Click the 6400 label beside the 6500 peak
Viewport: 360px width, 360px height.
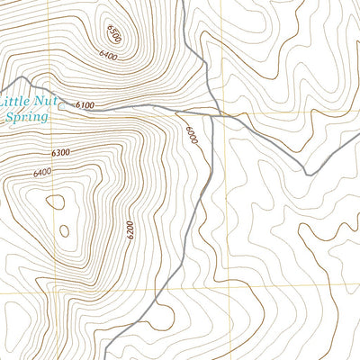109,57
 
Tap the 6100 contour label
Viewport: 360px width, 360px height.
85,105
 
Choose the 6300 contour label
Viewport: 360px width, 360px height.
61,152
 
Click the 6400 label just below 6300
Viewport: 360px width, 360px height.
42,173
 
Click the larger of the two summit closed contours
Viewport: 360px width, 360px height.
56,202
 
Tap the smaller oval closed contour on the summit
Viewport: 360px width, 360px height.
65,231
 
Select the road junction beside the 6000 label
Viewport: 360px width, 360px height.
212,115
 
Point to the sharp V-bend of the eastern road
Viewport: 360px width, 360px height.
307,173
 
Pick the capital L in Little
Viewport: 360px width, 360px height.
7,102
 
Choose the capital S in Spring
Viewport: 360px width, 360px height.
9,117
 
